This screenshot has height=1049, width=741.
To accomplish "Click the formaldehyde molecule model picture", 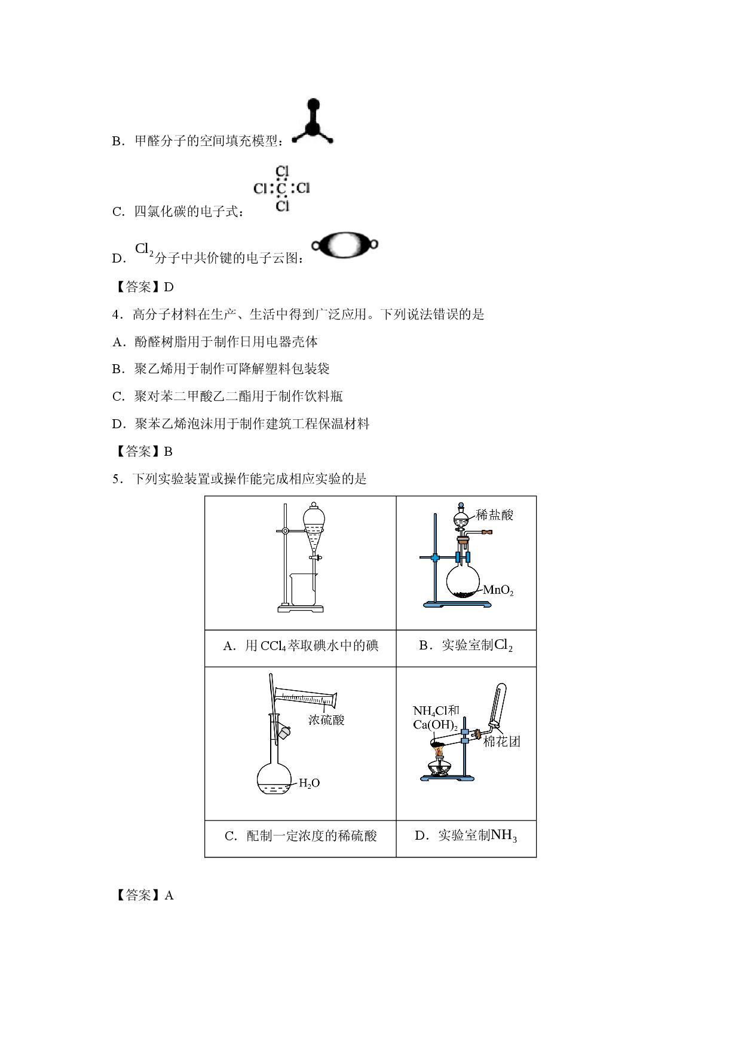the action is [313, 123].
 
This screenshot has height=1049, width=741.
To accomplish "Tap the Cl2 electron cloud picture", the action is [345, 245].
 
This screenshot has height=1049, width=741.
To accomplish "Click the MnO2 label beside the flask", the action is [498, 591].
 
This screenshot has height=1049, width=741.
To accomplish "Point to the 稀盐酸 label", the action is [495, 514].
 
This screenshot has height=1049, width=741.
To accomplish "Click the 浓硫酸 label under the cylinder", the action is [326, 719].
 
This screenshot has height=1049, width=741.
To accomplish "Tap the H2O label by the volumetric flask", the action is [309, 783].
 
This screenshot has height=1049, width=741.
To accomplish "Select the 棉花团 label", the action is [502, 742].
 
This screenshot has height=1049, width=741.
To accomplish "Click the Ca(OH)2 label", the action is [435, 725].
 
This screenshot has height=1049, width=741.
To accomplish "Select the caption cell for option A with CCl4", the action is [301, 648].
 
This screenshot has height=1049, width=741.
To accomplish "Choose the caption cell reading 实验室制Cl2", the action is [466, 648].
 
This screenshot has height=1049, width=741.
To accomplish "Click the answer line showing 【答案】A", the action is [143, 895].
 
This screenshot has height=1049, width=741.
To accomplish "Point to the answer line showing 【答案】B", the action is [143, 452].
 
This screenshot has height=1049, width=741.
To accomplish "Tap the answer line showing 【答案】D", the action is [143, 287].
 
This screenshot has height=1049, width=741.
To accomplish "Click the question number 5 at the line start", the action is [116, 479].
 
